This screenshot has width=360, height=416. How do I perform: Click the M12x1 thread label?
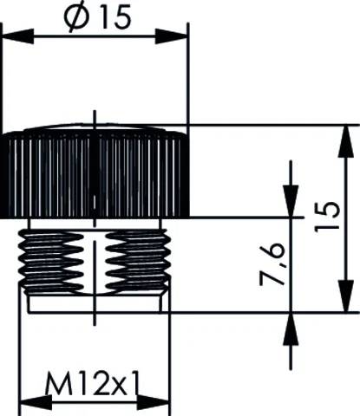point(95,380)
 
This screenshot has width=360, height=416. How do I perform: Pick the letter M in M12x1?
point(56,380)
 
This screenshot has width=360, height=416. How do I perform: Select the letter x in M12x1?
point(111,382)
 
